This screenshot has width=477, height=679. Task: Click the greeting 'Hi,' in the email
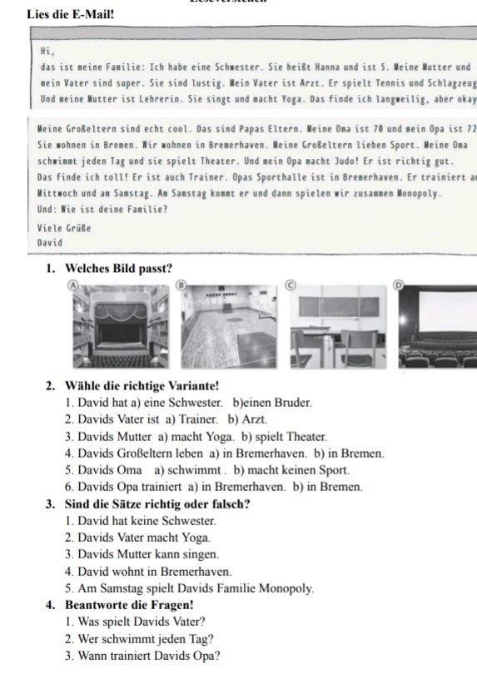tap(47, 51)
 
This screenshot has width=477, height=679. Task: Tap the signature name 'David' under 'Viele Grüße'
tap(50, 243)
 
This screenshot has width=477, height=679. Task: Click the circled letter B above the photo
tap(179, 285)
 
